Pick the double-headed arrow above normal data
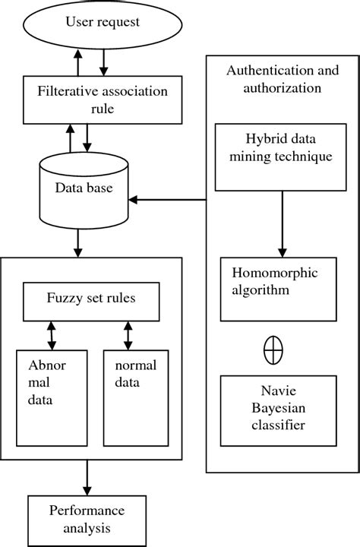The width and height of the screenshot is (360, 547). (x=128, y=333)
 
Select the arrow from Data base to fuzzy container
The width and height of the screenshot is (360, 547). (x=77, y=242)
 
